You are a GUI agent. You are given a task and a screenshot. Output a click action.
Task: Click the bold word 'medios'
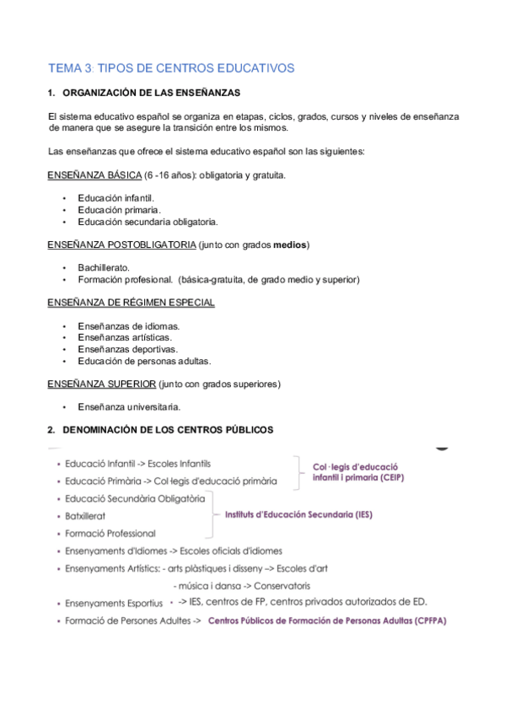[290, 245]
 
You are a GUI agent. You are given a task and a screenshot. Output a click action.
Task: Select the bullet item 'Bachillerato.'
[104, 267]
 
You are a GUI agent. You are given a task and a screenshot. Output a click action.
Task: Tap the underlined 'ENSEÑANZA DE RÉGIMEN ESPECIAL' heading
[132, 303]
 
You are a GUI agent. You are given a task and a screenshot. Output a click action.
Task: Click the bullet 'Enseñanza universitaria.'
[128, 406]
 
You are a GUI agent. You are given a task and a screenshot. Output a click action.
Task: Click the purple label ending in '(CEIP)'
[355, 471]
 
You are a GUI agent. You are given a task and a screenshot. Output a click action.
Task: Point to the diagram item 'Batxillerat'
[85, 516]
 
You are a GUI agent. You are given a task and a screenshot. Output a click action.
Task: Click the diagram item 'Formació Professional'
[110, 533]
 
